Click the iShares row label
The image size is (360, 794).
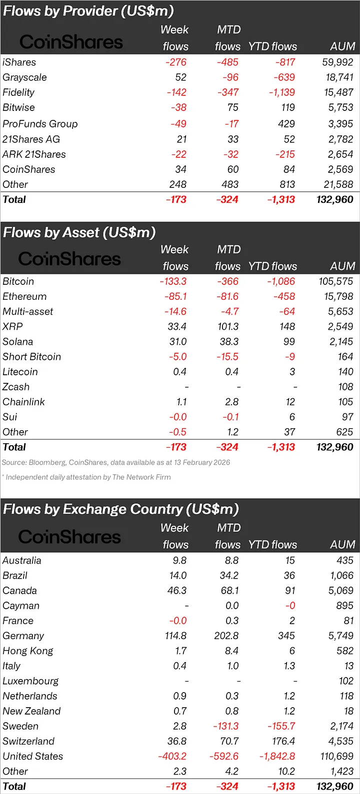tap(19, 62)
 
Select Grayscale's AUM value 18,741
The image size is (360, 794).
tap(338, 77)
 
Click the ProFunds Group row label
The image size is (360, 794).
tap(40, 124)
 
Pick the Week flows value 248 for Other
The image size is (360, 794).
tap(177, 184)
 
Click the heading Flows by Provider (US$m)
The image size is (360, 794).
tap(88, 11)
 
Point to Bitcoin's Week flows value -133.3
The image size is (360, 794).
tap(173, 281)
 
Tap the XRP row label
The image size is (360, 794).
tap(12, 326)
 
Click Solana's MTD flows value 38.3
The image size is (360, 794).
tap(229, 342)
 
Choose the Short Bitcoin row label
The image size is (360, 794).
tap(31, 357)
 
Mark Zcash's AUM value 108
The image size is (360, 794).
tap(345, 387)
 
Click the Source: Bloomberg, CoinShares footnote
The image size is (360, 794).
tap(116, 462)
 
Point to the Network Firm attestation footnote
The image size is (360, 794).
tap(86, 477)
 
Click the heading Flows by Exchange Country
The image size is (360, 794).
tap(120, 509)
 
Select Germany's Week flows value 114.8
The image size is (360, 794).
tap(175, 636)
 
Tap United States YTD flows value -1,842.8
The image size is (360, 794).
tap(277, 756)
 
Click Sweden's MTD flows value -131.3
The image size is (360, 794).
tap(225, 726)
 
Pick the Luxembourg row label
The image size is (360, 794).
tap(30, 681)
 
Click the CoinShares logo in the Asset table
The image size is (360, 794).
tap(69, 259)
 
